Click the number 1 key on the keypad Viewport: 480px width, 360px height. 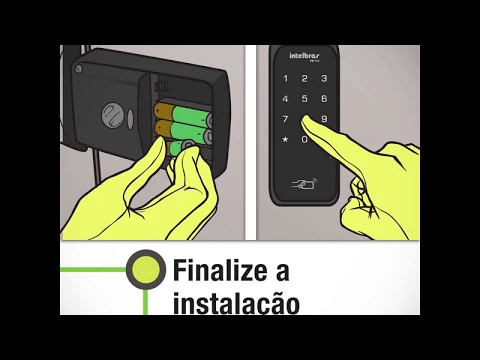click(x=287, y=77)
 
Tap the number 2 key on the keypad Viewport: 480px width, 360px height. click(x=305, y=77)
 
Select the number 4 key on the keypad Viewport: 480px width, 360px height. click(x=287, y=98)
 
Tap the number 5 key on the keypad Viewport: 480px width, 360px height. click(x=305, y=98)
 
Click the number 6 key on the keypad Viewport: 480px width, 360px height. click(x=324, y=98)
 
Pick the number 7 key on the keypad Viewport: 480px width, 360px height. click(x=287, y=118)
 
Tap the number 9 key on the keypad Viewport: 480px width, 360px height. click(x=324, y=118)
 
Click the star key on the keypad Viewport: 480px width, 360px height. click(x=287, y=139)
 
